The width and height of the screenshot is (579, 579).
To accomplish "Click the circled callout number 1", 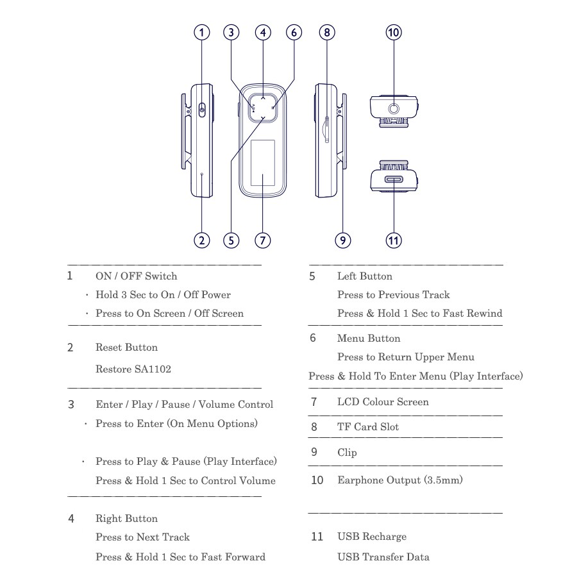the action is click(x=201, y=33).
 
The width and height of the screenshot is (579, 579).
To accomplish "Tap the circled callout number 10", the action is click(x=394, y=33).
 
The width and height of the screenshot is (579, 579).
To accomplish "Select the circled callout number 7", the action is click(x=262, y=240).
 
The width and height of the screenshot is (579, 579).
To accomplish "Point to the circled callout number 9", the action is click(x=342, y=240).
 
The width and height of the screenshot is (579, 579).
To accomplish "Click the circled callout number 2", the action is click(x=201, y=240).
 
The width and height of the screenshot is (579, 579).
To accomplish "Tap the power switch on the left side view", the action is click(x=202, y=110).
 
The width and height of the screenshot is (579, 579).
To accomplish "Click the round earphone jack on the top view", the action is click(x=394, y=109).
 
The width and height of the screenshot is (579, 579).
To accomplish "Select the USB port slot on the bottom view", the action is click(x=394, y=180).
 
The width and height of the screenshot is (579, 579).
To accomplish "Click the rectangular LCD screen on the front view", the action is click(x=262, y=163).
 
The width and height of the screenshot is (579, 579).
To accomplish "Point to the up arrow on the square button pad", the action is click(x=262, y=98).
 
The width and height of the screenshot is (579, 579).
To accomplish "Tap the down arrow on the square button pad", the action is click(x=262, y=118).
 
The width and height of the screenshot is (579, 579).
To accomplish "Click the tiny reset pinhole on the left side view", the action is click(x=201, y=174).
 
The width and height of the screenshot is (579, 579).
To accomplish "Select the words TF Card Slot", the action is click(x=368, y=427).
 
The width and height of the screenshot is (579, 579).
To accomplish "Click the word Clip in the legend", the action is click(x=347, y=452).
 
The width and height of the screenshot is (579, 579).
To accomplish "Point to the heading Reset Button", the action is click(x=127, y=347).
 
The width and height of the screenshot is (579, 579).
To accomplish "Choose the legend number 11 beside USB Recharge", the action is click(x=317, y=537).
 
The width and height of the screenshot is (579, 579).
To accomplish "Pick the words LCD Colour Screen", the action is click(x=383, y=402).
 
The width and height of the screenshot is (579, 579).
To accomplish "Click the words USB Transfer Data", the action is click(x=383, y=557).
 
